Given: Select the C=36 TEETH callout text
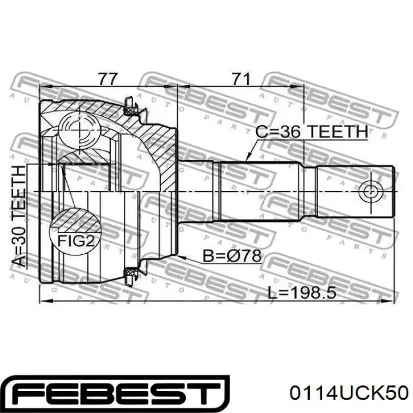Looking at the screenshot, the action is click(x=312, y=132).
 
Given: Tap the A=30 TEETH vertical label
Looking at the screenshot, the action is click(x=19, y=216).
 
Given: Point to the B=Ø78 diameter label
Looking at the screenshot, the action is click(x=232, y=255).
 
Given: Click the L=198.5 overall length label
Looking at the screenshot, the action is click(x=301, y=293).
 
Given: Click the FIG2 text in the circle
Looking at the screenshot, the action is click(x=76, y=241).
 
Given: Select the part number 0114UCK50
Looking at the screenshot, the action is click(x=349, y=393).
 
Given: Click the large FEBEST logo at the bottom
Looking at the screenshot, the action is click(x=117, y=394).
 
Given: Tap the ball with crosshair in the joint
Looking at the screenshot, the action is click(x=79, y=130).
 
